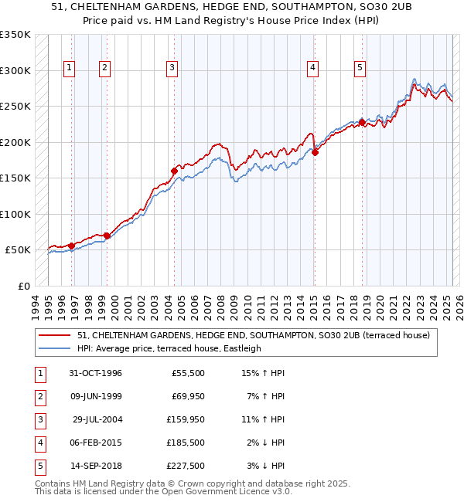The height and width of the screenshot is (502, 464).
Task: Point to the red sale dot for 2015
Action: pos(315,152)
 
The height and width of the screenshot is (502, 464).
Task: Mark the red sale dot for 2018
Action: pos(362,122)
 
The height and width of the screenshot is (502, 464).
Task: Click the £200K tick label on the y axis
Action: pos(15,142)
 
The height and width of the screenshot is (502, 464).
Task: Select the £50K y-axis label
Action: pos(19,250)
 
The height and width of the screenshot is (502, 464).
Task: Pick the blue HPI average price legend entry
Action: pos(169,348)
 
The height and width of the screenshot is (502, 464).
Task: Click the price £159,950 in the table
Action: pos(186,419)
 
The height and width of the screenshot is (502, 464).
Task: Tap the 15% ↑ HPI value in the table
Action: pos(264,373)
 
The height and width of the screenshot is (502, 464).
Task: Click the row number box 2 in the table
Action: pos(39,396)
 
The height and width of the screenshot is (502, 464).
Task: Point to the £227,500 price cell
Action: pos(186,466)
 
